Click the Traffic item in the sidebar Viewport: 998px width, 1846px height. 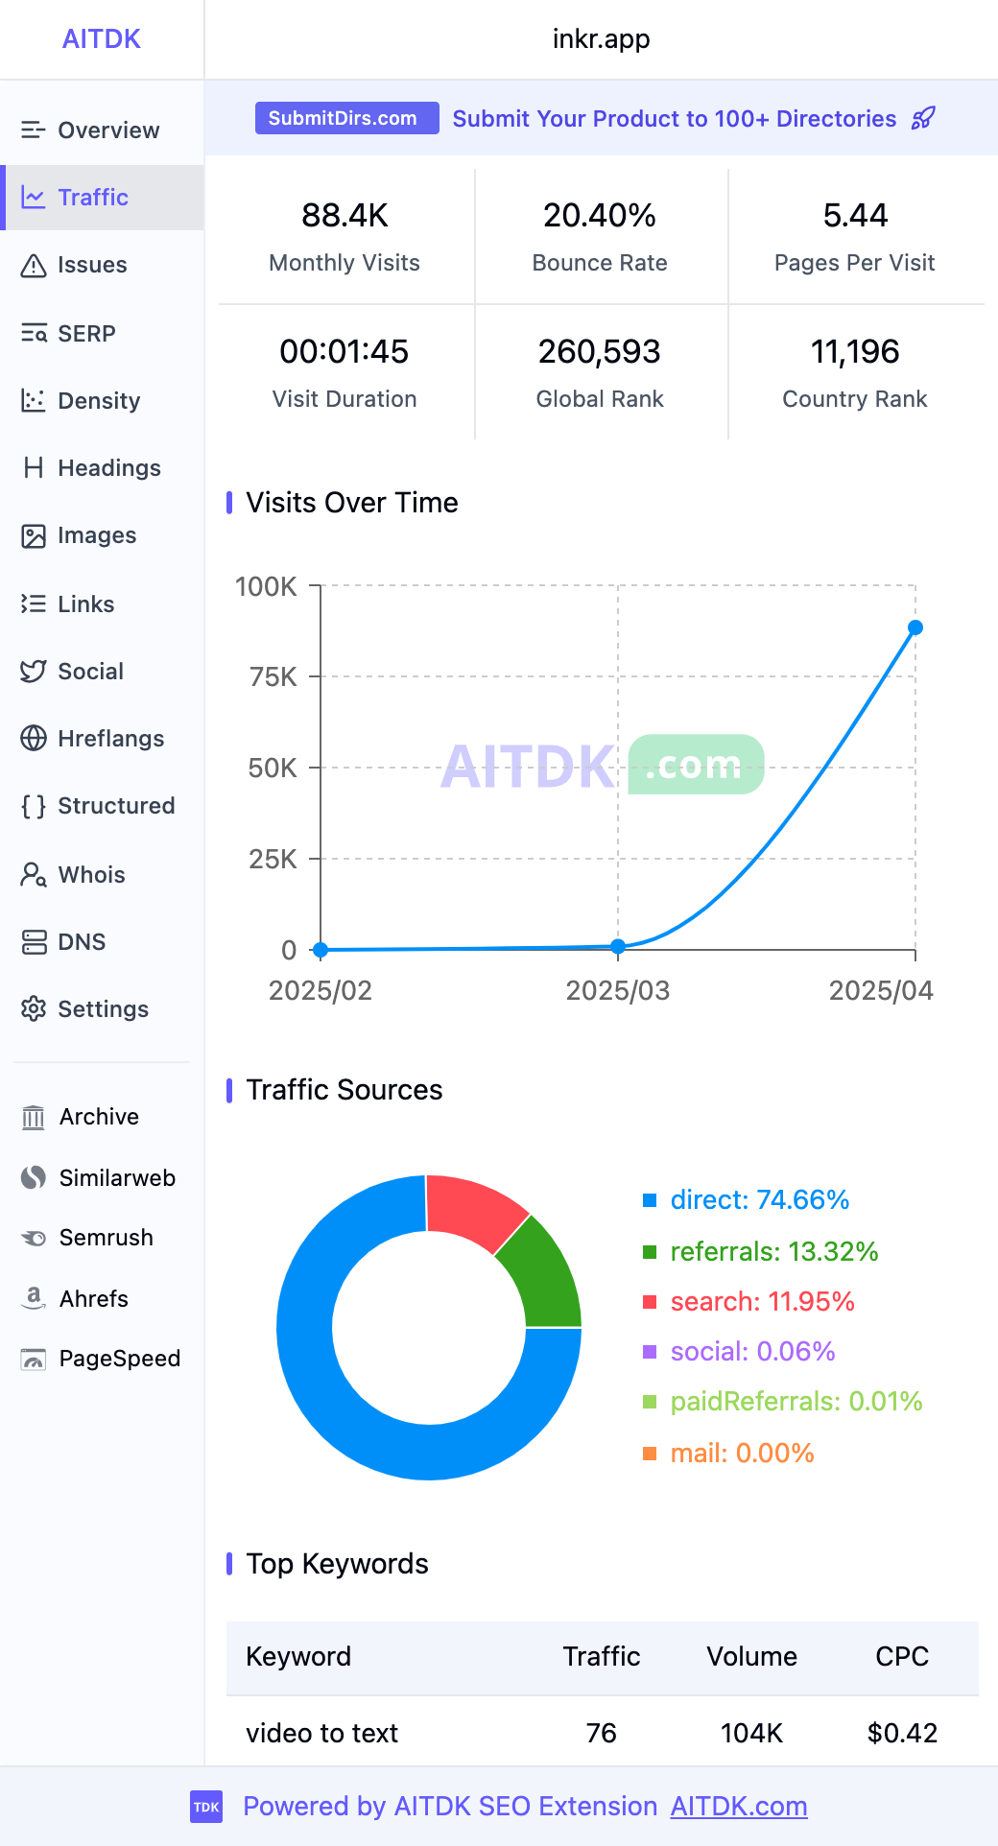click(x=92, y=198)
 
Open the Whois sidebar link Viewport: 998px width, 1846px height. click(x=90, y=874)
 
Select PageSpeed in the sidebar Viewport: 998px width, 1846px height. click(x=118, y=1359)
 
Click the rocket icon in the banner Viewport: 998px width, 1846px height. click(x=923, y=118)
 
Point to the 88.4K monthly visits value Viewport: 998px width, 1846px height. click(x=345, y=216)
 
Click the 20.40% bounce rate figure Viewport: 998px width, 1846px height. click(x=600, y=216)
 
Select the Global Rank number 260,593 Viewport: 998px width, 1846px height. click(x=600, y=352)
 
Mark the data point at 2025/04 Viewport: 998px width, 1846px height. click(x=915, y=627)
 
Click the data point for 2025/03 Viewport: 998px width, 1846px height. click(x=618, y=946)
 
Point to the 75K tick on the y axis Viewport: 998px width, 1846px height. click(x=273, y=677)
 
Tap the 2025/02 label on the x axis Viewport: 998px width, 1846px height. click(x=321, y=990)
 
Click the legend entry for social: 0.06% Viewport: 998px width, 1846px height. click(x=751, y=1352)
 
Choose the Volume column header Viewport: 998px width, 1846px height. click(x=751, y=1657)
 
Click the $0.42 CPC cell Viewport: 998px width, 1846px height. click(x=902, y=1733)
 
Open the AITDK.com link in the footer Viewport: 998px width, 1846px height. click(x=739, y=1807)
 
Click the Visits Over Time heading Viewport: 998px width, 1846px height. click(x=352, y=503)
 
